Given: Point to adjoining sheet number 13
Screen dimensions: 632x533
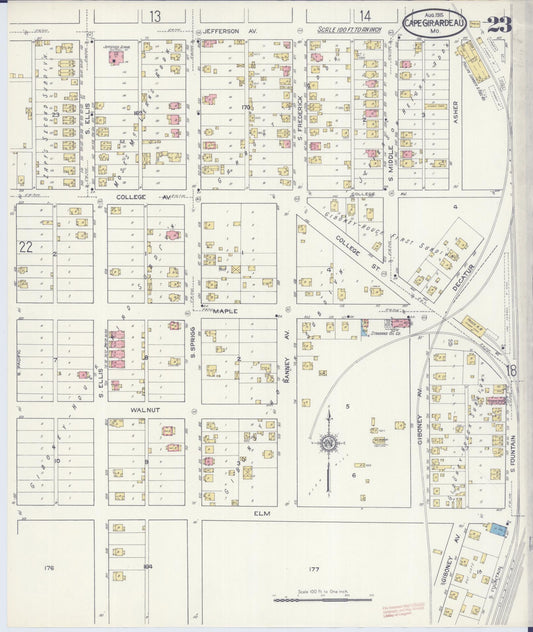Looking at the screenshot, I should click(x=154, y=16).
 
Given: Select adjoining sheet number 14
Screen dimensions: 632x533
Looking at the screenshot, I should click(x=365, y=16).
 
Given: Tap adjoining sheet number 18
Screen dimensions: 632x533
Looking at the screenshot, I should click(x=511, y=370).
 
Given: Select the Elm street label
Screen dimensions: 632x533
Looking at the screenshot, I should click(x=262, y=514).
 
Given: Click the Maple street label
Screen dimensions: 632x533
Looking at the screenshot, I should click(x=222, y=311).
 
